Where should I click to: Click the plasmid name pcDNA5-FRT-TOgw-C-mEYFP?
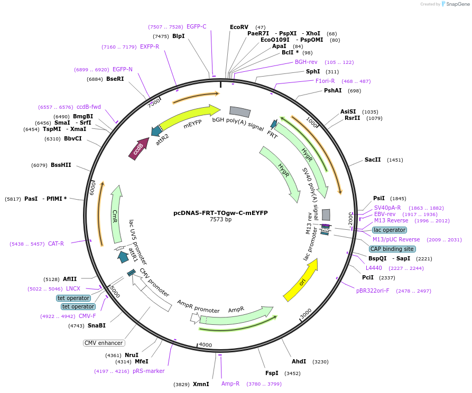[x=220, y=213]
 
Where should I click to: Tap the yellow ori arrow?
[x=301, y=280]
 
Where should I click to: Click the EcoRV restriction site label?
[x=239, y=27]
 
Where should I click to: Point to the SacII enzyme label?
[x=373, y=160]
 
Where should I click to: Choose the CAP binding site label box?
[x=392, y=249]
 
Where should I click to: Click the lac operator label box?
[x=390, y=230]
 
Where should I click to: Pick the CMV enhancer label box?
[x=104, y=343]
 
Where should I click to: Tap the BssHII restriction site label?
[x=61, y=165]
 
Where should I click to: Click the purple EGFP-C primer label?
[x=197, y=26]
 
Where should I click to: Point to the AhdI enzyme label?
[x=299, y=361]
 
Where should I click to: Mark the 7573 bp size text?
[x=220, y=220]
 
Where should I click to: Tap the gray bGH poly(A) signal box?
[x=239, y=111]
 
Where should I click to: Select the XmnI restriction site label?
[x=201, y=384]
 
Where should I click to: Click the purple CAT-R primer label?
[x=56, y=244]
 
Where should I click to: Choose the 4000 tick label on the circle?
[x=205, y=345]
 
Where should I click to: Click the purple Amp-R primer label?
[x=230, y=383]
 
